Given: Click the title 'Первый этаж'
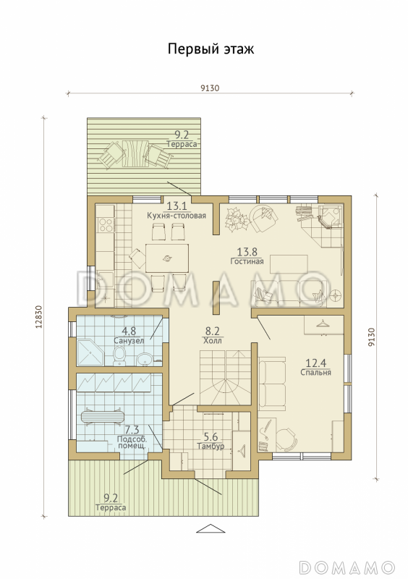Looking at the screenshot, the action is coord(211,48).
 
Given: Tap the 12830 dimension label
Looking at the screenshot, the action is coord(41,316).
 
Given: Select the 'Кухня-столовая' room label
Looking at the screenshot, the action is coord(176,215).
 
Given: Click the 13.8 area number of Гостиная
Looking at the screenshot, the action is coord(247,252).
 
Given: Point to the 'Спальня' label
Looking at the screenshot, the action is coord(315,372).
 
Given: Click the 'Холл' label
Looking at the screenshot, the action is coord(212,340).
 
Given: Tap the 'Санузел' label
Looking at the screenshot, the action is coord(129,340).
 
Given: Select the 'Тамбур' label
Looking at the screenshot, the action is coord(211,446).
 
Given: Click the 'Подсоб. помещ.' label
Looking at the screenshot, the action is coord(132,442).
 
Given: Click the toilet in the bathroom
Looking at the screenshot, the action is coord(119,356).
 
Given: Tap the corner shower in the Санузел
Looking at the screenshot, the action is coord(91,352).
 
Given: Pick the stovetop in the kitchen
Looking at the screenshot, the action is coord(105,224).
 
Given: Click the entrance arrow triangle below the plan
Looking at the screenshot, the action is coord(211,528).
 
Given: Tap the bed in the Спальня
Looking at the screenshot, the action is coord(272,384).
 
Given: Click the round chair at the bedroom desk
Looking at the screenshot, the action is coord(286,439).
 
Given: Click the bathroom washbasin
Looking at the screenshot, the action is coord(144,358).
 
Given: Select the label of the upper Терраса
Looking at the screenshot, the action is coord(182,144).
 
